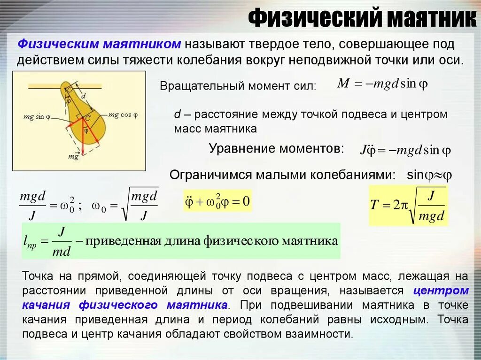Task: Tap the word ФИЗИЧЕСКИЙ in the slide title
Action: (x=314, y=19)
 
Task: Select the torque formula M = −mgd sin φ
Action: (x=382, y=84)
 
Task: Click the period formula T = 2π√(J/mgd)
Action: (x=407, y=205)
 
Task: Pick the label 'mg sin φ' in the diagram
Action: (x=38, y=117)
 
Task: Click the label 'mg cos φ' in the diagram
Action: (x=123, y=115)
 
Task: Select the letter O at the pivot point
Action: (x=69, y=89)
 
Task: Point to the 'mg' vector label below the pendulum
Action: (x=73, y=156)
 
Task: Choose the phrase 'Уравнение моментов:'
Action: (x=276, y=149)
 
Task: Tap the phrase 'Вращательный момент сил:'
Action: (x=238, y=86)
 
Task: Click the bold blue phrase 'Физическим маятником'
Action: (x=100, y=44)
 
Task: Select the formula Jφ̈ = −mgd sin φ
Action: (x=405, y=151)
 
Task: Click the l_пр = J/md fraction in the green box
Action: (x=47, y=242)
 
